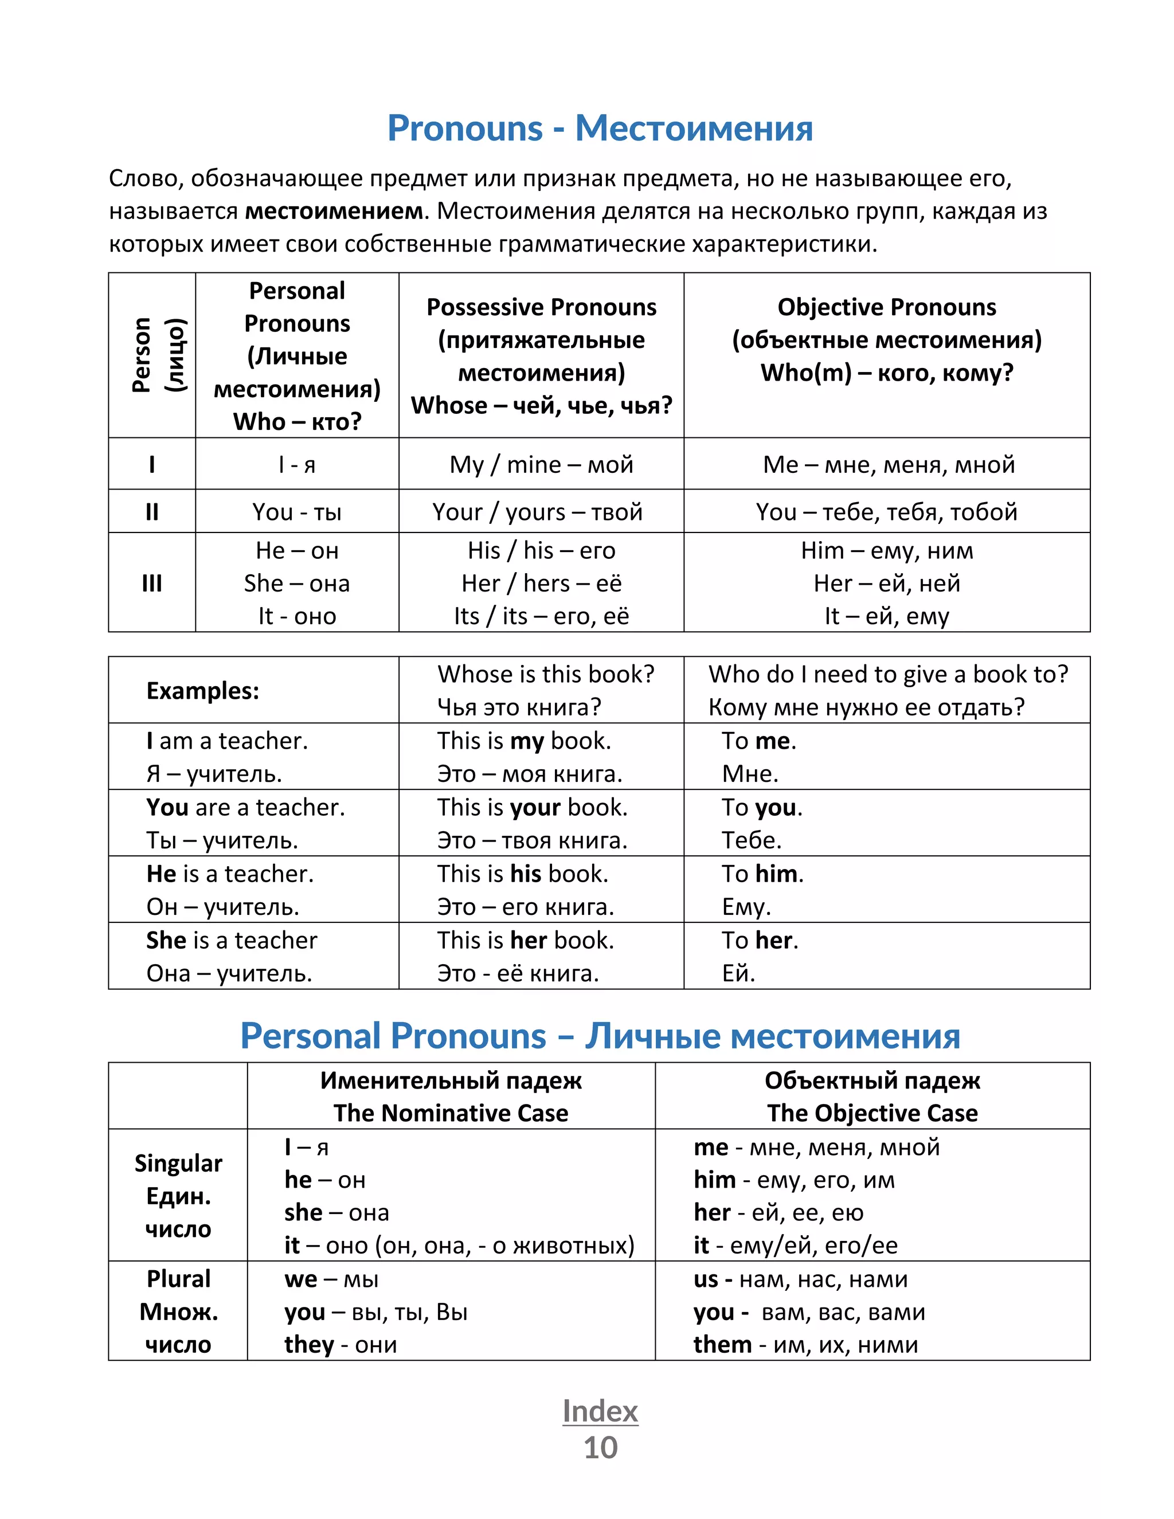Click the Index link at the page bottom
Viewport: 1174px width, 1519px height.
600,1411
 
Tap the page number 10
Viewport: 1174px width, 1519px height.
600,1448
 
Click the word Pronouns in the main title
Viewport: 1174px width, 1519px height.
464,128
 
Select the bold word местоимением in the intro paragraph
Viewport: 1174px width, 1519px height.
334,211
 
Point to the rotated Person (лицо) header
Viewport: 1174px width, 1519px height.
159,355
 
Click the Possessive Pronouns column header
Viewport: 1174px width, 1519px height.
541,307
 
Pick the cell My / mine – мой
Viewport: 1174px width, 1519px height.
541,465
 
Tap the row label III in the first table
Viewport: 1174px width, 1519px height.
151,583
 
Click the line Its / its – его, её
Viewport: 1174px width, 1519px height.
541,616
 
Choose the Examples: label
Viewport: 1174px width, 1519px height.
202,691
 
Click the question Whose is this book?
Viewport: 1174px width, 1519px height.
545,675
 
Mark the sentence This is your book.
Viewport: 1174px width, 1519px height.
532,808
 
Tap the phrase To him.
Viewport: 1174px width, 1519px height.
762,874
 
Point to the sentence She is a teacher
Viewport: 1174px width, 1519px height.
232,940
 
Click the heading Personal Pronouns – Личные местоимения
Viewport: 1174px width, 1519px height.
600,1036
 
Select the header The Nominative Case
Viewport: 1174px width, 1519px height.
451,1114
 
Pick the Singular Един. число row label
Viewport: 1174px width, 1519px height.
178,1196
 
